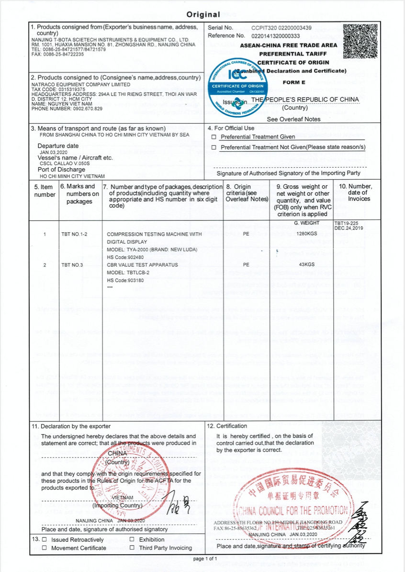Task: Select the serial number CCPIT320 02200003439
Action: coord(281,28)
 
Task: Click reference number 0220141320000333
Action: coord(275,36)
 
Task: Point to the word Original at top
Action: coord(203,15)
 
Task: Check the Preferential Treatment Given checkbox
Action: coord(214,137)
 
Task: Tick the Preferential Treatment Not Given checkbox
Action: coord(214,147)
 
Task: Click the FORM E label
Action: coord(294,82)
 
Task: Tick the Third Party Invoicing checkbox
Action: coord(132,548)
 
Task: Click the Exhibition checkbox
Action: coord(132,539)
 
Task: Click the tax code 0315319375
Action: coord(65,90)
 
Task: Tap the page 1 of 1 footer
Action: coord(205,559)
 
